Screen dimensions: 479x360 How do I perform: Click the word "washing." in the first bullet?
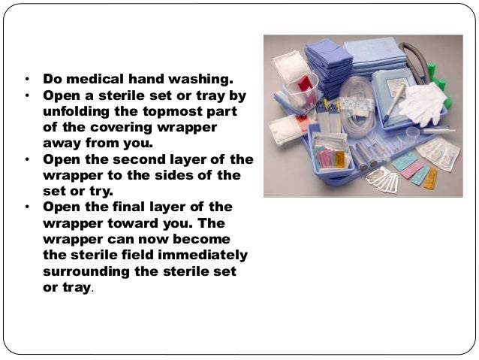pos(200,79)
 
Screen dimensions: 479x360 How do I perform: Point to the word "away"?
pos(62,143)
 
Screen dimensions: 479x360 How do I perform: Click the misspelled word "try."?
pos(101,191)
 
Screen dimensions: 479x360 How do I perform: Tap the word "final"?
pos(129,207)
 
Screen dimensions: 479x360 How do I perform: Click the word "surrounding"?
pos(86,271)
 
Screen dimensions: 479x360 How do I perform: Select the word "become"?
pos(202,239)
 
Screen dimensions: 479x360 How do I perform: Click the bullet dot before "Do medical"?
pos(28,79)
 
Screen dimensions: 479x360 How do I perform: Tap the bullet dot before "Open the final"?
pos(28,207)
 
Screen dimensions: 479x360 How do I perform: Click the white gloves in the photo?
pos(423,102)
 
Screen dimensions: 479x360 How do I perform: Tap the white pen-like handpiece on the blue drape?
pos(395,102)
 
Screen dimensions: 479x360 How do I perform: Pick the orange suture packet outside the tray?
pos(430,178)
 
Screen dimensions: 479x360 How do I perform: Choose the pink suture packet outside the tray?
pos(411,170)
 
